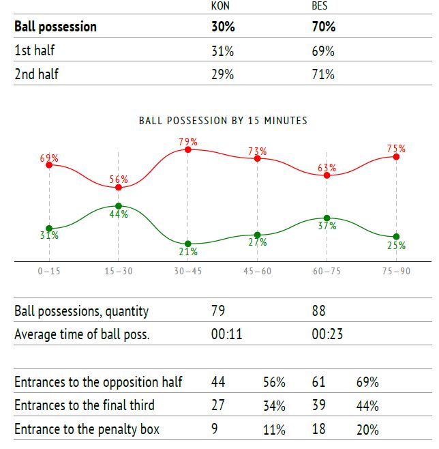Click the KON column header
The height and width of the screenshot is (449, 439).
tap(220, 7)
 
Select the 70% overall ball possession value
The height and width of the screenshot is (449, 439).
tap(323, 27)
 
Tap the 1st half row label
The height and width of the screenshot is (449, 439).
tap(35, 51)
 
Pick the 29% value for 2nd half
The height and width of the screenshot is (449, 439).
tap(222, 74)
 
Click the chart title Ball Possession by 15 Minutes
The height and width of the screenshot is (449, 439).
tap(223, 121)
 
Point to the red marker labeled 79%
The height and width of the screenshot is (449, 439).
tap(187, 149)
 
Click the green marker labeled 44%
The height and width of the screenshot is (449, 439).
tap(118, 205)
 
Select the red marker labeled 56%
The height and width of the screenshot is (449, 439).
tap(118, 187)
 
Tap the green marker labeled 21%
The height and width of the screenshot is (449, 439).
tap(187, 244)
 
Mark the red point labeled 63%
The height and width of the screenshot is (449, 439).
tap(327, 175)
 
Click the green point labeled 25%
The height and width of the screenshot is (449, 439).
tap(396, 237)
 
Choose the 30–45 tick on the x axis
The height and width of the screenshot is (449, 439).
tap(187, 271)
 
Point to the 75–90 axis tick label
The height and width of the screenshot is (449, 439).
tap(396, 271)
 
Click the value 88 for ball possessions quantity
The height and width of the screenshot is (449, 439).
tap(318, 312)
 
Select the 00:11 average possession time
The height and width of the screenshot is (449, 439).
tap(227, 334)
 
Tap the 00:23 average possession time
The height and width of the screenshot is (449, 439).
tap(327, 334)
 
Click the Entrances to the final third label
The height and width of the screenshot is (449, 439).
tap(85, 405)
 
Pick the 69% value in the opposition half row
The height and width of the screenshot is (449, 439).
tap(367, 382)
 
